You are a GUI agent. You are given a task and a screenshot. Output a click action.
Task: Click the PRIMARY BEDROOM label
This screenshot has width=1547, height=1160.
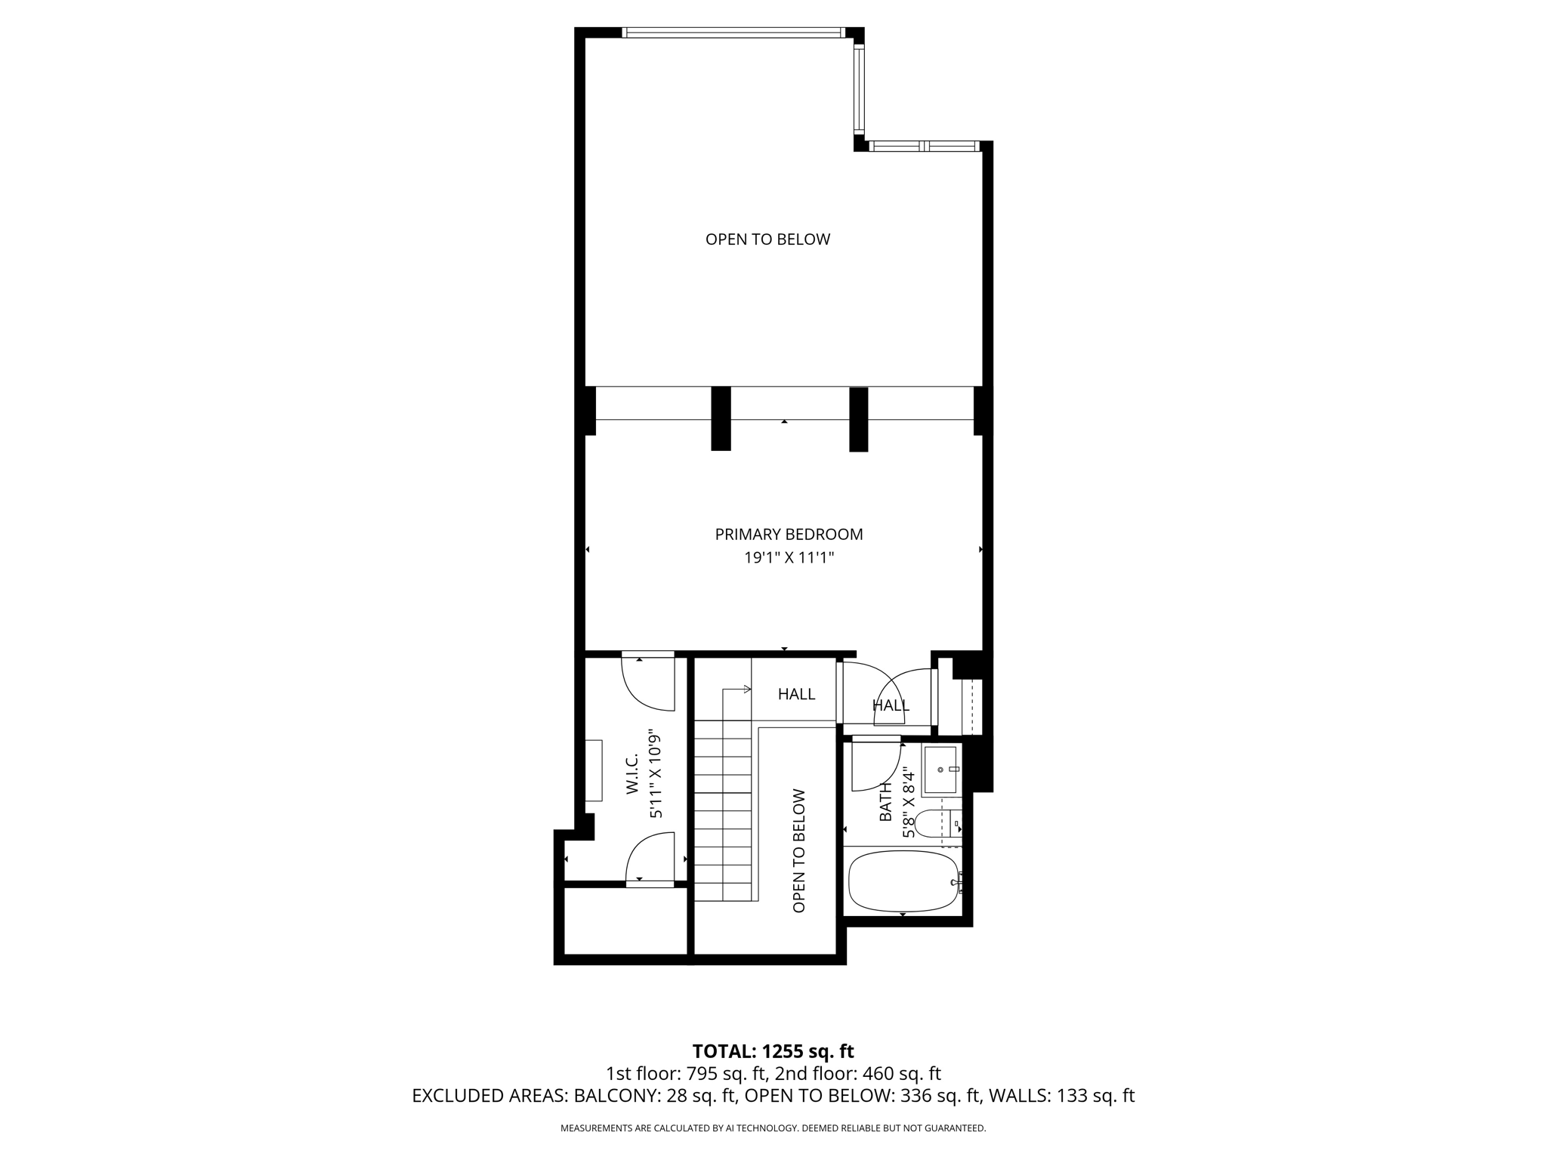click(x=789, y=534)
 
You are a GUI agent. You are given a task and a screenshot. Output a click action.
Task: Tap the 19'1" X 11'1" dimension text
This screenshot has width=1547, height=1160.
click(x=789, y=558)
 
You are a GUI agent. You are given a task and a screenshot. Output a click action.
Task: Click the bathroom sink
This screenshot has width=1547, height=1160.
click(x=941, y=770)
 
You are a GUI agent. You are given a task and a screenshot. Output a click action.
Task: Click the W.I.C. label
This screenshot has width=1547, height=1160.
click(x=632, y=774)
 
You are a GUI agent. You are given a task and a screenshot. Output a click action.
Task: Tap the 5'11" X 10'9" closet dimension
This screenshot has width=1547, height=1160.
click(x=656, y=774)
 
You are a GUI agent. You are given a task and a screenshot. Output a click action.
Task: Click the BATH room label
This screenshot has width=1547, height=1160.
click(x=886, y=802)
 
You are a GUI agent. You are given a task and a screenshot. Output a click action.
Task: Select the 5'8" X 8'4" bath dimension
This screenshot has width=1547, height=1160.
click(x=909, y=802)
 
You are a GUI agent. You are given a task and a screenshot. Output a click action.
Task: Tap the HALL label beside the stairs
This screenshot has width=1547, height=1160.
click(x=796, y=694)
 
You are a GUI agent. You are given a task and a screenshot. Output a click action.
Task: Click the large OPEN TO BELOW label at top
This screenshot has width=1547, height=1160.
click(x=767, y=239)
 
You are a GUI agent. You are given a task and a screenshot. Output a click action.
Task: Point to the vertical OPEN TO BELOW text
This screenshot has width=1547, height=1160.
click(x=799, y=851)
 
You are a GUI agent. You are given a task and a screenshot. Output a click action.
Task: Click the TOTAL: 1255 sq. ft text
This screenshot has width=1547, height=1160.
click(x=773, y=1051)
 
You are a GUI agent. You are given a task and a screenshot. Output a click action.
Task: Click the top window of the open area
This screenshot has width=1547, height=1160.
click(x=731, y=32)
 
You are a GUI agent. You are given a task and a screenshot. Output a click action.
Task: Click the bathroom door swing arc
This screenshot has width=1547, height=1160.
click(x=875, y=767)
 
